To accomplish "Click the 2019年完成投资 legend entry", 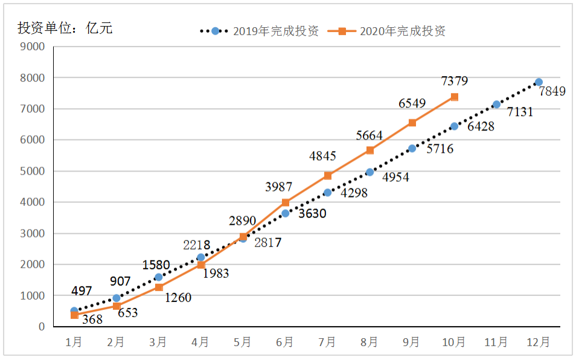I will pyautogui.click(x=259, y=31).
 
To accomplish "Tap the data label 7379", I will pyautogui.click(x=454, y=82).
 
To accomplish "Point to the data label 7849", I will pyautogui.click(x=552, y=92).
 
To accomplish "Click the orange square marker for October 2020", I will pyautogui.click(x=454, y=97).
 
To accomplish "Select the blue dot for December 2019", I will pyautogui.click(x=539, y=82).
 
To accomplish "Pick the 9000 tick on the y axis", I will pyautogui.click(x=33, y=47).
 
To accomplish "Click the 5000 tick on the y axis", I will pyautogui.click(x=33, y=172).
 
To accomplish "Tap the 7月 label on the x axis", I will pyautogui.click(x=327, y=342).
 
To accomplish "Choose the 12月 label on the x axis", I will pyautogui.click(x=538, y=342).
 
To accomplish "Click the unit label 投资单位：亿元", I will pyautogui.click(x=65, y=28).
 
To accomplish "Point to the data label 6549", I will pyautogui.click(x=412, y=104).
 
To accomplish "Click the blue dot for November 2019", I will pyautogui.click(x=496, y=104).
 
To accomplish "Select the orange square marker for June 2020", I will pyautogui.click(x=286, y=202).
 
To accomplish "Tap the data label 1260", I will pyautogui.click(x=178, y=298).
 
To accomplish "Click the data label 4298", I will pyautogui.click(x=354, y=194).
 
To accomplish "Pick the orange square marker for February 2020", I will pyautogui.click(x=117, y=306).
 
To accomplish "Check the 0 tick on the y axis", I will pyautogui.click(x=42, y=327).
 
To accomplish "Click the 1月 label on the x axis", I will pyautogui.click(x=74, y=342).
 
